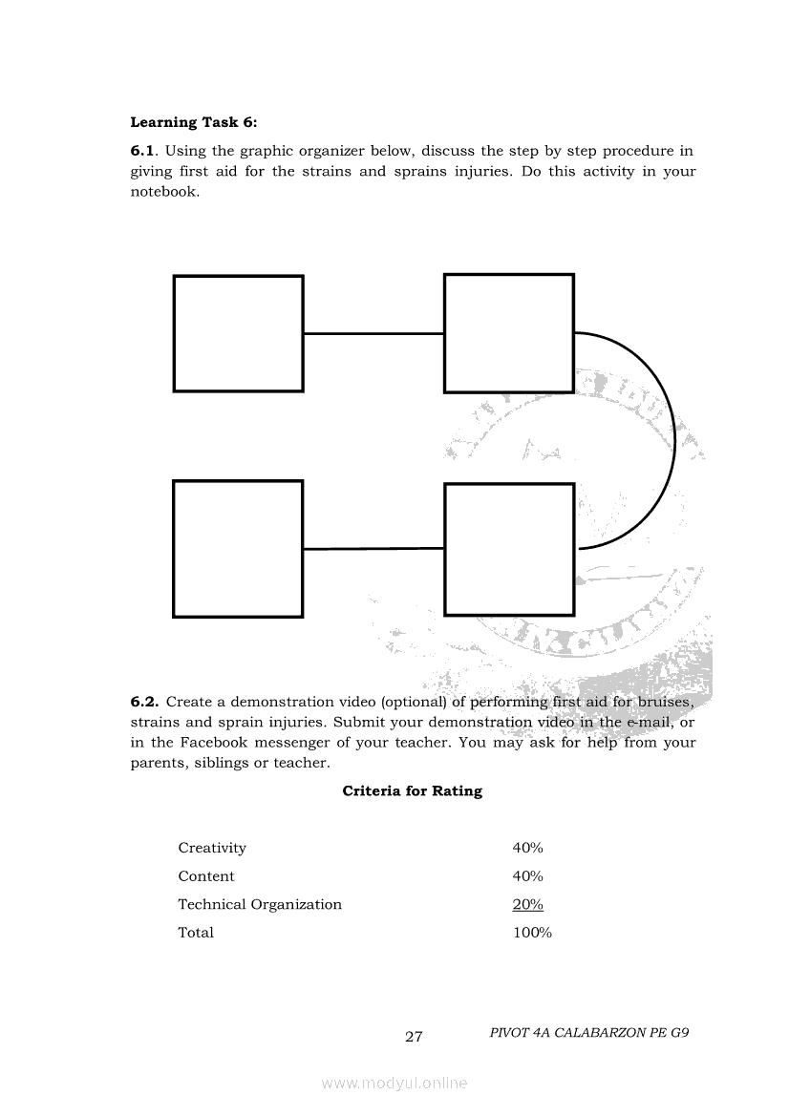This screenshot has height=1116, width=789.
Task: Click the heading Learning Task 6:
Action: point(194,122)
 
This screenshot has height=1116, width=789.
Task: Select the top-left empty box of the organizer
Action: point(238,333)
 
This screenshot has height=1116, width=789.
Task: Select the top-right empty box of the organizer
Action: point(509,333)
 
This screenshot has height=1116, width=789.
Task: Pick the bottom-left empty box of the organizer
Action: point(238,549)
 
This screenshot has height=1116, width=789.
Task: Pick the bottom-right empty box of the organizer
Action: point(509,549)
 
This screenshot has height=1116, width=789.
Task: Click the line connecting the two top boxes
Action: point(373,333)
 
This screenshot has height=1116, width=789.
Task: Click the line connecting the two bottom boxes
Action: point(373,549)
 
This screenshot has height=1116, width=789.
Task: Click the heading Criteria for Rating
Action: point(412,791)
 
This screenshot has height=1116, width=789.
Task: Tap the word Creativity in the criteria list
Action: point(212,848)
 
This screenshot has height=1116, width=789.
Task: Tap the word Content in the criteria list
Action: point(206,876)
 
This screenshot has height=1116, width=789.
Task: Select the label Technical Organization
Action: point(260,904)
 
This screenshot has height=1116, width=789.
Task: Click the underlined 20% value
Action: point(528,904)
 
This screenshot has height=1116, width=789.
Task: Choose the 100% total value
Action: point(532,933)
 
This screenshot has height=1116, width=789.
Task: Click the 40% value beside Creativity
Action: point(528,848)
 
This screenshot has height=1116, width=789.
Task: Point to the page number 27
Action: point(414,1037)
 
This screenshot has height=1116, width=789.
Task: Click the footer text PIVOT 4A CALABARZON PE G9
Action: point(588,1033)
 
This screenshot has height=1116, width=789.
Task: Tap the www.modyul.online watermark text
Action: point(394,1084)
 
